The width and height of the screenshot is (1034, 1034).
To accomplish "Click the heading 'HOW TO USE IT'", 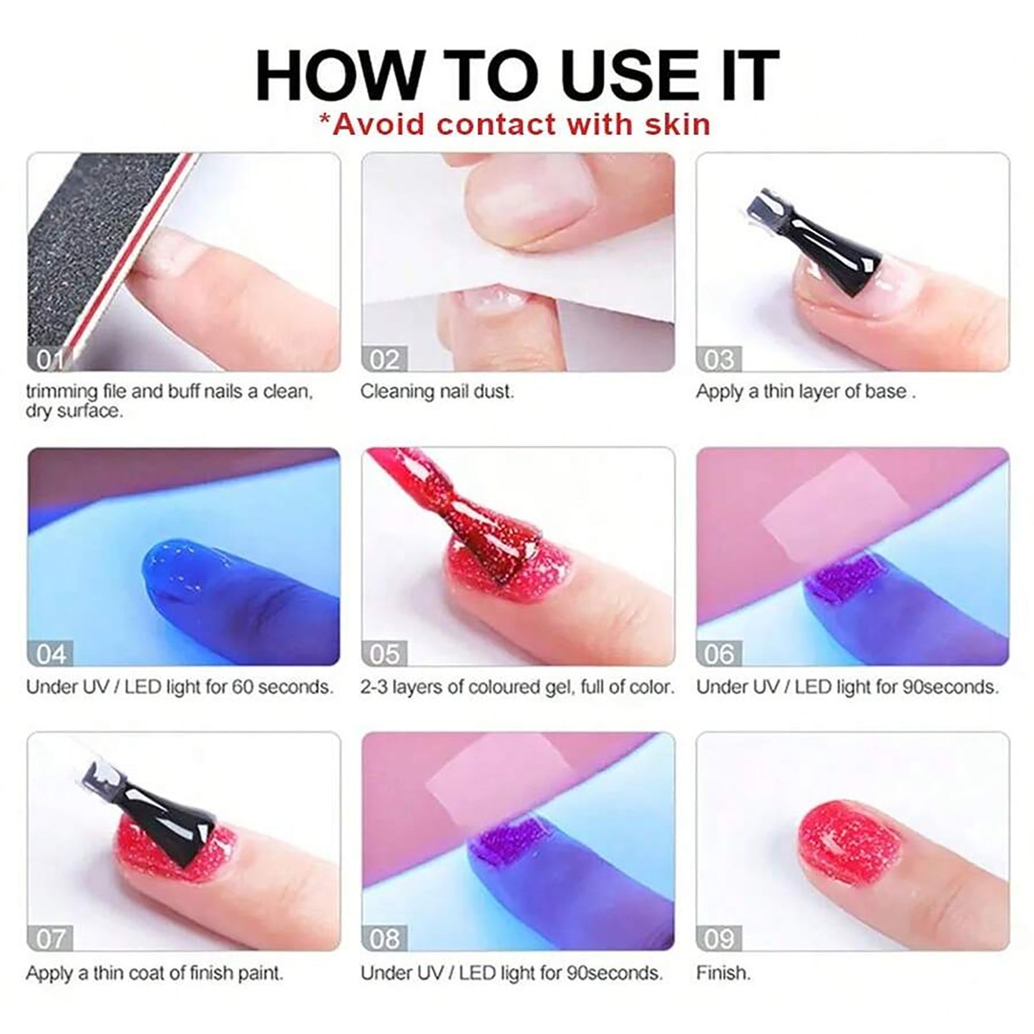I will tap(517, 75).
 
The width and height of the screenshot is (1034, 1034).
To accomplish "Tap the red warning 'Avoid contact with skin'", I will tap(514, 125).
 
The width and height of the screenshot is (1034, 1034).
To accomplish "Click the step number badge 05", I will tap(384, 654).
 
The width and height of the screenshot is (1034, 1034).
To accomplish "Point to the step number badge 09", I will tap(718, 938).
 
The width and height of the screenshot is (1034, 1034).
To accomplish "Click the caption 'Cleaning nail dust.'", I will tap(436, 391).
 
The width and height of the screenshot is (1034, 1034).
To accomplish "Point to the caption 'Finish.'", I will tap(723, 973).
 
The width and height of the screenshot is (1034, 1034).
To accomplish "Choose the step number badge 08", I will tap(384, 938).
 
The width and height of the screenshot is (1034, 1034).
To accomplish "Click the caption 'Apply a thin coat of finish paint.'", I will tap(155, 973).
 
